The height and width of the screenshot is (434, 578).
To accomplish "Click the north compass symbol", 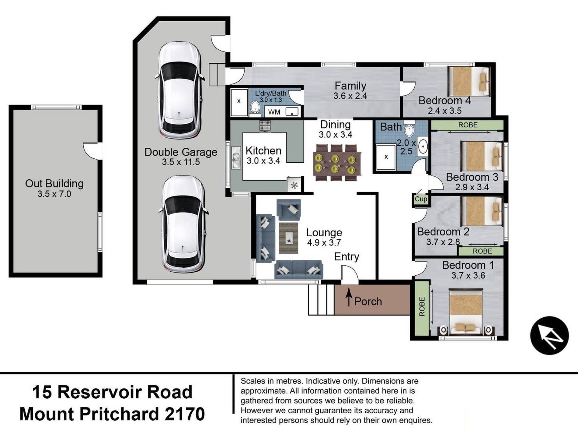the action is click(x=549, y=335).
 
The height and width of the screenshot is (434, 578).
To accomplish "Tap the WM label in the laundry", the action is click(x=274, y=112).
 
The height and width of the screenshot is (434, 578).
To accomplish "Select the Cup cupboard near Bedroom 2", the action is click(x=421, y=199).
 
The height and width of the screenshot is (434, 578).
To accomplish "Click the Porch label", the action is click(x=368, y=301).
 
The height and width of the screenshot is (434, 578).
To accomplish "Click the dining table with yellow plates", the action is click(x=337, y=163).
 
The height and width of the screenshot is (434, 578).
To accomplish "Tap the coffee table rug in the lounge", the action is click(x=288, y=238).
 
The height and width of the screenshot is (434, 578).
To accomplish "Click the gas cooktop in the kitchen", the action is click(x=265, y=126).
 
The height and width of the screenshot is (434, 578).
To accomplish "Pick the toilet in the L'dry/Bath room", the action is click(x=255, y=108).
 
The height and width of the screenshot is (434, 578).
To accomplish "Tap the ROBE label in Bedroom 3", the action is click(x=468, y=125).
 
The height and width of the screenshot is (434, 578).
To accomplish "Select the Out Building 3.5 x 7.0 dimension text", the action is click(x=54, y=194).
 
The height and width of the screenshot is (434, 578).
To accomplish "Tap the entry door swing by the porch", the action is click(x=349, y=273).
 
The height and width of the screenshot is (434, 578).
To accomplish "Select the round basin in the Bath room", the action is click(x=423, y=146).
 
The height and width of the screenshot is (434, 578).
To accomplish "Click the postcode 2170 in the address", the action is click(x=186, y=414).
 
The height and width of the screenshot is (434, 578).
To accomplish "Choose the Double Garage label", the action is click(x=181, y=152).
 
